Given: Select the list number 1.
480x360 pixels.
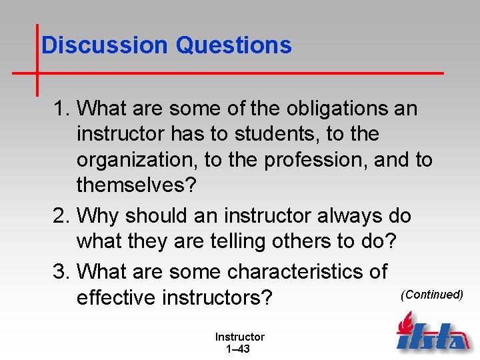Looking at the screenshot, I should pos(61,108).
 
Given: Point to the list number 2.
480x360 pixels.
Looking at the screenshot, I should pos(61,216).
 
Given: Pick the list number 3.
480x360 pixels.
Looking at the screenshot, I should pos(61,271).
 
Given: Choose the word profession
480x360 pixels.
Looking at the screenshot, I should pos(311,161).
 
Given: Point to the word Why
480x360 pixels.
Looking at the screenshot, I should pos(98,216).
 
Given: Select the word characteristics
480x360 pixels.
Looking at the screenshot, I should pos(307,271).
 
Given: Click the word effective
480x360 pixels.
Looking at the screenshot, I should pos(117,298).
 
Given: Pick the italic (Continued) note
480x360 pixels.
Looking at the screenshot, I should pos(431,295).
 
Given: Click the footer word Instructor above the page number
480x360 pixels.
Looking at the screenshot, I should pos(239,337).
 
